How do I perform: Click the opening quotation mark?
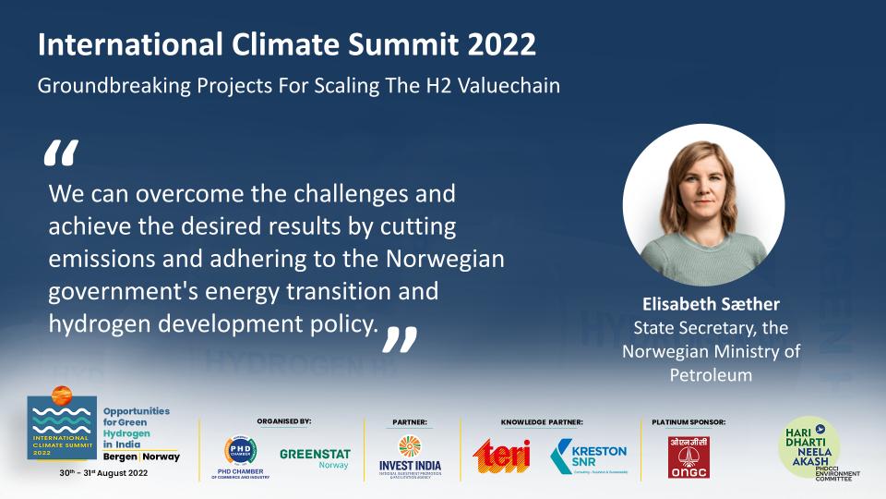point(61,154)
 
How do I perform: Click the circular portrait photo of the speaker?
point(703,204)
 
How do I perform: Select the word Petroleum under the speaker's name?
point(711,374)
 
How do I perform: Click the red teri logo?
point(502,455)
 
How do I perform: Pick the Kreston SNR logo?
point(589,455)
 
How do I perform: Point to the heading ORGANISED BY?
point(283,420)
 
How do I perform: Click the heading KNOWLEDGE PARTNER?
point(542,421)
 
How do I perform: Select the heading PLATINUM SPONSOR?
point(688,421)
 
